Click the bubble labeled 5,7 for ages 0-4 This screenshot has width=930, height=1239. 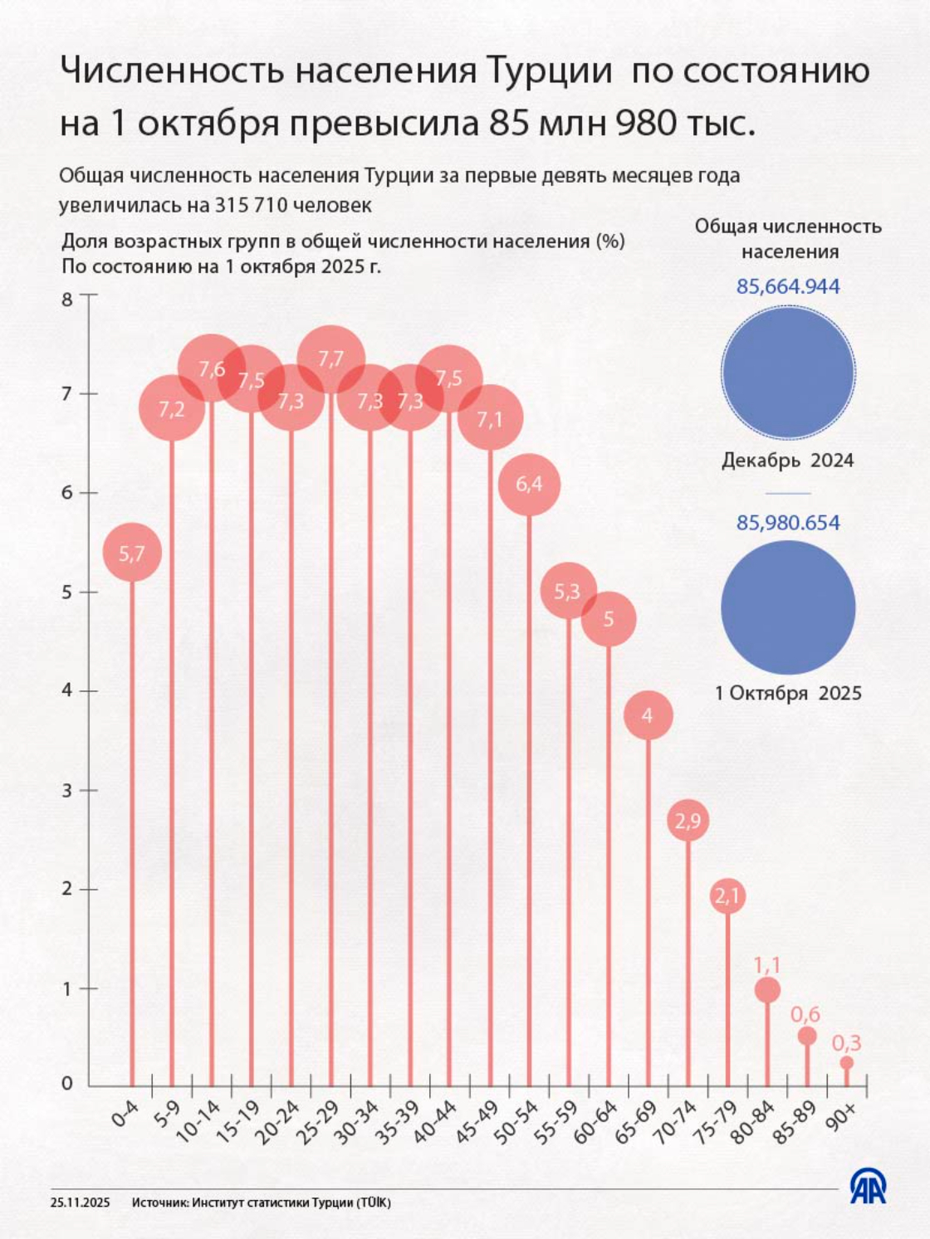pyautogui.click(x=131, y=554)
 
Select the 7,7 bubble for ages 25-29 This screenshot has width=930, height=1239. pyautogui.click(x=330, y=359)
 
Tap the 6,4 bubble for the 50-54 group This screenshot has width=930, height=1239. pyautogui.click(x=529, y=484)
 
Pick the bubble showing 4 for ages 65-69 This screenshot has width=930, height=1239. pyautogui.click(x=648, y=715)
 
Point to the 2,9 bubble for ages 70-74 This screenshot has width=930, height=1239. pyautogui.click(x=688, y=821)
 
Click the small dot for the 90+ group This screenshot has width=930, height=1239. pyautogui.click(x=846, y=1063)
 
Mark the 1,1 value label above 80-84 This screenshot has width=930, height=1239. pyautogui.click(x=766, y=964)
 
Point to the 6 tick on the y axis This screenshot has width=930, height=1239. pyautogui.click(x=67, y=492)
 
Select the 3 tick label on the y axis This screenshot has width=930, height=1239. pyautogui.click(x=67, y=790)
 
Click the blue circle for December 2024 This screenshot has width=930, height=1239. pyautogui.click(x=788, y=373)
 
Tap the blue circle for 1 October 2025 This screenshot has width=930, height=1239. pyautogui.click(x=788, y=607)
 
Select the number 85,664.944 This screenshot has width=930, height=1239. pyautogui.click(x=788, y=286)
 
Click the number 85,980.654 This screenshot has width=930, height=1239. pyautogui.click(x=788, y=523)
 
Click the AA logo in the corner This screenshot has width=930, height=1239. pyautogui.click(x=868, y=1187)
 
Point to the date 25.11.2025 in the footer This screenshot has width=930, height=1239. pyautogui.click(x=81, y=1202)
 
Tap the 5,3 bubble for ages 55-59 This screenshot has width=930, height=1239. pyautogui.click(x=568, y=591)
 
